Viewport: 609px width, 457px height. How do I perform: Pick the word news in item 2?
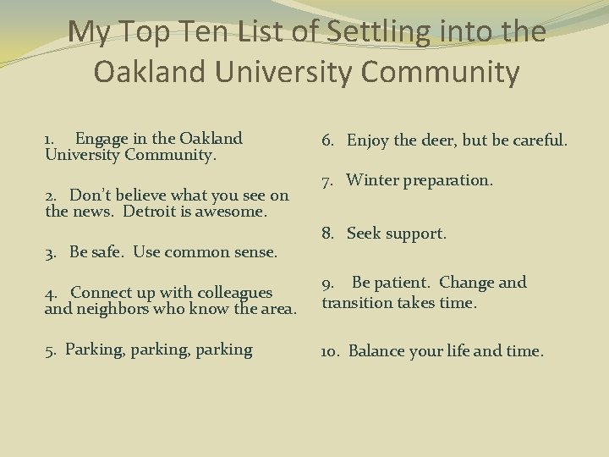click(95, 212)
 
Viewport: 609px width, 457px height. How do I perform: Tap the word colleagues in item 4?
click(230, 292)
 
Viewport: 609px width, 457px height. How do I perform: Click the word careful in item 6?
click(538, 140)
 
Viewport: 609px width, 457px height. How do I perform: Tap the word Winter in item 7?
click(373, 180)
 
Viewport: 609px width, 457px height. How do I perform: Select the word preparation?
click(449, 180)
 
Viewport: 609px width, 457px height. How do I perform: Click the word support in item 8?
click(416, 233)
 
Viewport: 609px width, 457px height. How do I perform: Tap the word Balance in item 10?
click(376, 350)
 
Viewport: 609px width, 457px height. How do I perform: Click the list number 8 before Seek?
click(326, 233)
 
